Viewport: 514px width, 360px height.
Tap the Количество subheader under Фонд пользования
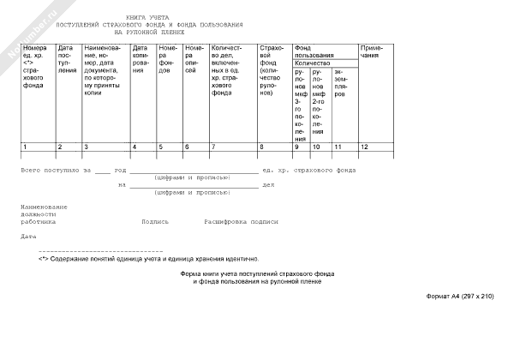click(312, 63)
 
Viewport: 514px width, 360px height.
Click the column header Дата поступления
click(66, 60)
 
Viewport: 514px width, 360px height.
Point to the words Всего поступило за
click(56, 171)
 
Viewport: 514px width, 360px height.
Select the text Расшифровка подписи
click(241, 220)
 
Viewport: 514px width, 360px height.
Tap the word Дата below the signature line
click(29, 236)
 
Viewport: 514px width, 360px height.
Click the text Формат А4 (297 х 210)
click(460, 296)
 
